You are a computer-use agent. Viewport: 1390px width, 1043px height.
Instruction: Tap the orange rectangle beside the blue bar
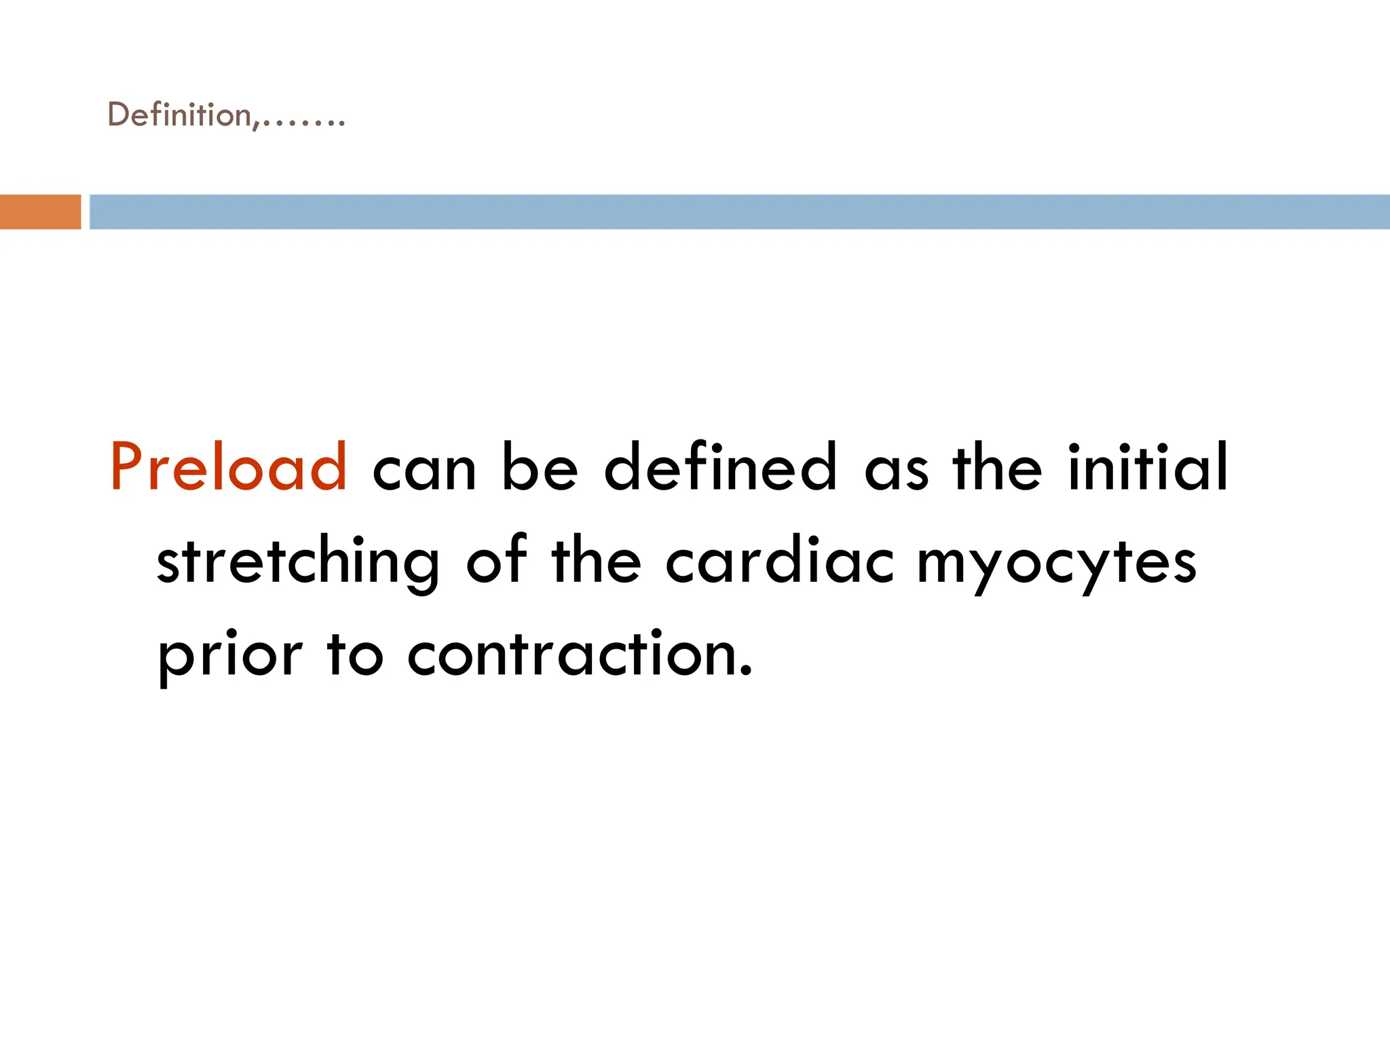[40, 212]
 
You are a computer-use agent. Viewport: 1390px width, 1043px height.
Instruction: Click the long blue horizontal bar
[738, 212]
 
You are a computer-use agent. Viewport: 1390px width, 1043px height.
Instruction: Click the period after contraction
[746, 672]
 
